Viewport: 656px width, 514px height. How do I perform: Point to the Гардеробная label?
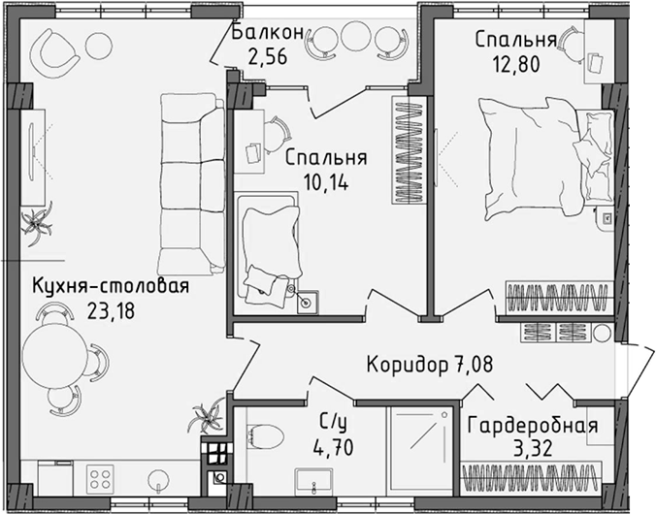pos(532,426)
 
